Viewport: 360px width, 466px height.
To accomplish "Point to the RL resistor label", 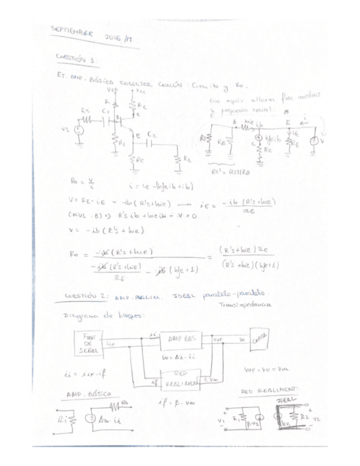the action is click(188, 159).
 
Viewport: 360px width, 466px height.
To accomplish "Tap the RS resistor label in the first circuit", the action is click(85, 110).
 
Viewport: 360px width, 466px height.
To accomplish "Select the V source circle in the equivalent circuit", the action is click(313, 140).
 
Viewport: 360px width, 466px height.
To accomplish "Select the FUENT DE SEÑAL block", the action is click(90, 341).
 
